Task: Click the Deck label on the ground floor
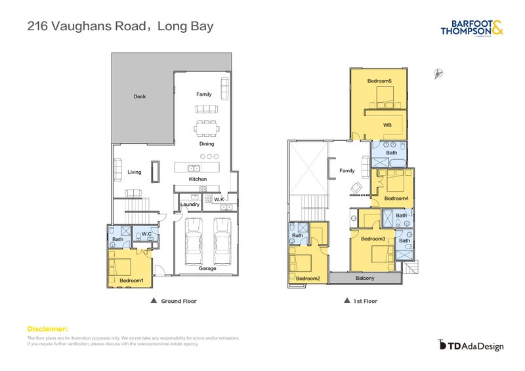(139, 96)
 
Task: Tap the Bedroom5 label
(379, 81)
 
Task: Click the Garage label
(207, 269)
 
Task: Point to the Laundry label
(190, 205)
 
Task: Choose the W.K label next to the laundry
(219, 199)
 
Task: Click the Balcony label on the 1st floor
(365, 279)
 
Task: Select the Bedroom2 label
(307, 279)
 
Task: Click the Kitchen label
(198, 179)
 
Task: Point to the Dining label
(207, 144)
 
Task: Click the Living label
(134, 172)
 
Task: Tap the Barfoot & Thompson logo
(472, 28)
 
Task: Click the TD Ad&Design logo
(471, 345)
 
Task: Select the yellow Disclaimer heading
(47, 328)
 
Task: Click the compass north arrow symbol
(437, 74)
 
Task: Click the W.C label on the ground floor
(147, 233)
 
